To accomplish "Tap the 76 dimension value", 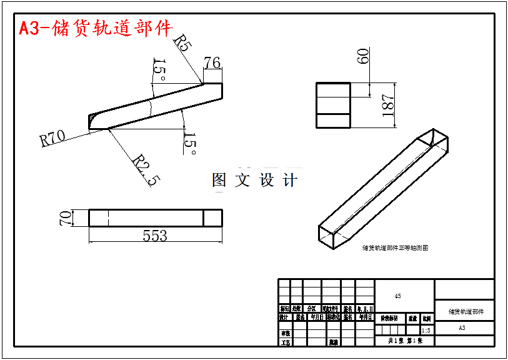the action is coord(212,63).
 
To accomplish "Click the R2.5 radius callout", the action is coord(146,170).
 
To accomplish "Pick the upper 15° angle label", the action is coord(159,71).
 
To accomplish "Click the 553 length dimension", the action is coord(155,236).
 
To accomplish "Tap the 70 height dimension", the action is coord(65,218).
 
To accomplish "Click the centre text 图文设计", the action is coord(255,181).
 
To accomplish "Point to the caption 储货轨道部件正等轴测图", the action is coord(395,248).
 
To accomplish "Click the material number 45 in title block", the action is coord(398,296).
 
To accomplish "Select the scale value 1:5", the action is coord(426,330).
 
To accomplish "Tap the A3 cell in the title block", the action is coord(462,327).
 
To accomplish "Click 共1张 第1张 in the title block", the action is coord(406,341).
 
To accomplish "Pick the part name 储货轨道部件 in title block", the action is coord(466,311).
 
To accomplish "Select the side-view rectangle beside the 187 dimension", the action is coord(332,105).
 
